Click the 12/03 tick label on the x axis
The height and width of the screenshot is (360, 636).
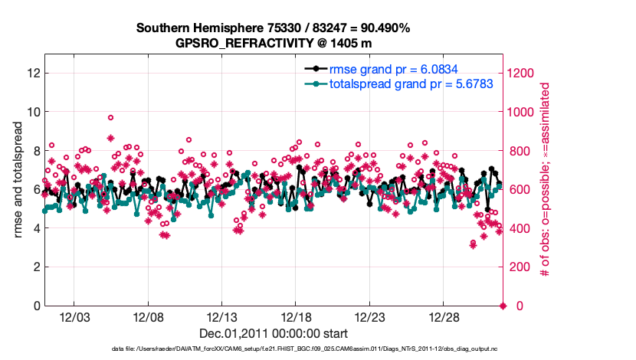coord(74,316)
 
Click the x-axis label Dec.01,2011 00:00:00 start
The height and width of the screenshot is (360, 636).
coord(273,333)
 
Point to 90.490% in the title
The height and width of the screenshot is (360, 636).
coord(378,28)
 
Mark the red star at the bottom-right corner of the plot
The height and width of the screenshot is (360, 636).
coord(503,306)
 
